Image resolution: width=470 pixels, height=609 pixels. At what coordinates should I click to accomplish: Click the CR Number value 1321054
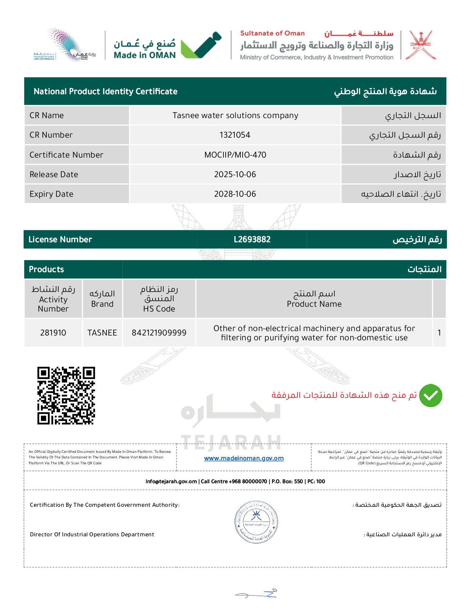tap(235, 135)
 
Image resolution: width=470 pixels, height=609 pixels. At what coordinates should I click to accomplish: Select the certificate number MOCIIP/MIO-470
tap(235, 155)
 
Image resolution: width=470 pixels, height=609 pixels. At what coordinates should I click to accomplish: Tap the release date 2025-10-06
tap(235, 175)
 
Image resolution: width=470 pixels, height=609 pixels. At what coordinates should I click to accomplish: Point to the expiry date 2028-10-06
tap(235, 194)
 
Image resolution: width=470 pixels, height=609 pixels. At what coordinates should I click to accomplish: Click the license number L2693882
tap(252, 240)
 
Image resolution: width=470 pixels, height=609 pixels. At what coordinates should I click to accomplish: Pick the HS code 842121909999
tap(159, 333)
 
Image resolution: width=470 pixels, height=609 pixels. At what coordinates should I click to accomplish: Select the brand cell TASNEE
tap(102, 333)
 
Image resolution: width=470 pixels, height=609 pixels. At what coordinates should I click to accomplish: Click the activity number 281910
tap(53, 333)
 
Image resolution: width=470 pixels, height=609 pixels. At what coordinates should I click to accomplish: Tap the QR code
tap(66, 396)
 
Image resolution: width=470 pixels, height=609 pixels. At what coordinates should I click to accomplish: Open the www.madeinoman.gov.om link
tap(244, 458)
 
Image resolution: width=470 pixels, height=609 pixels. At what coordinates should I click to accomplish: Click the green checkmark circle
tap(431, 396)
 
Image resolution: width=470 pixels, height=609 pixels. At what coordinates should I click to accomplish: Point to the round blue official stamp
tap(256, 522)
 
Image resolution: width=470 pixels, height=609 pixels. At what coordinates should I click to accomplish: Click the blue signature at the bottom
tap(257, 593)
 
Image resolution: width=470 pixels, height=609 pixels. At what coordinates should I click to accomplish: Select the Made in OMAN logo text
tap(145, 55)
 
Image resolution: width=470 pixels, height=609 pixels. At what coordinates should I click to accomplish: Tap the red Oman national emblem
tap(421, 45)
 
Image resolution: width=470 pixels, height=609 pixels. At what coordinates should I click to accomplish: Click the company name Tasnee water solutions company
tap(235, 116)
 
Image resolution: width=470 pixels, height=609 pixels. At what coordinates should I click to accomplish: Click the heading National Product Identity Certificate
tap(105, 92)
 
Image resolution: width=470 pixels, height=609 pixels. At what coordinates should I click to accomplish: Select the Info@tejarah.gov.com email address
tap(171, 482)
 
